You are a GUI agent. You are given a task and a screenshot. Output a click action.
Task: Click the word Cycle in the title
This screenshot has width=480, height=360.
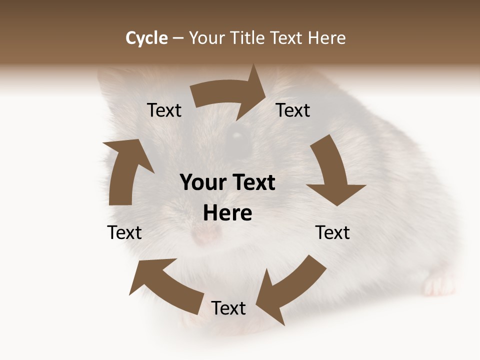point(146,38)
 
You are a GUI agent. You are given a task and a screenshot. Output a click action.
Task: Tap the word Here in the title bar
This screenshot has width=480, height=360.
point(326,38)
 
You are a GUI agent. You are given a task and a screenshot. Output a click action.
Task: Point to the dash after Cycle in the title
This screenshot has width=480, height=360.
point(178,38)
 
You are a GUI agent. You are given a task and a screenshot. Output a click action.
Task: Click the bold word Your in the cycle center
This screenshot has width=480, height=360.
point(203,183)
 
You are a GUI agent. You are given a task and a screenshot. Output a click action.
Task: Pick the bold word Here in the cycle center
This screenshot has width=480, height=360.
point(227,213)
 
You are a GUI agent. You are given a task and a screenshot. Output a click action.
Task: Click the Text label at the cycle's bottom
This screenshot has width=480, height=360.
point(228,308)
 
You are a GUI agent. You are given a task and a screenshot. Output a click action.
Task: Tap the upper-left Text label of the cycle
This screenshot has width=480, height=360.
point(164,110)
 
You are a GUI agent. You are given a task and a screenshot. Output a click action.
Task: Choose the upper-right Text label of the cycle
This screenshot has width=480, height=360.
point(293,110)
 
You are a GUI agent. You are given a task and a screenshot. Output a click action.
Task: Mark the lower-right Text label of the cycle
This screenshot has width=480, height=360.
point(332,233)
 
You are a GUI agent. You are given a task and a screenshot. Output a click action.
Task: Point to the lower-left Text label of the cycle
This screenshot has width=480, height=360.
point(124,233)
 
